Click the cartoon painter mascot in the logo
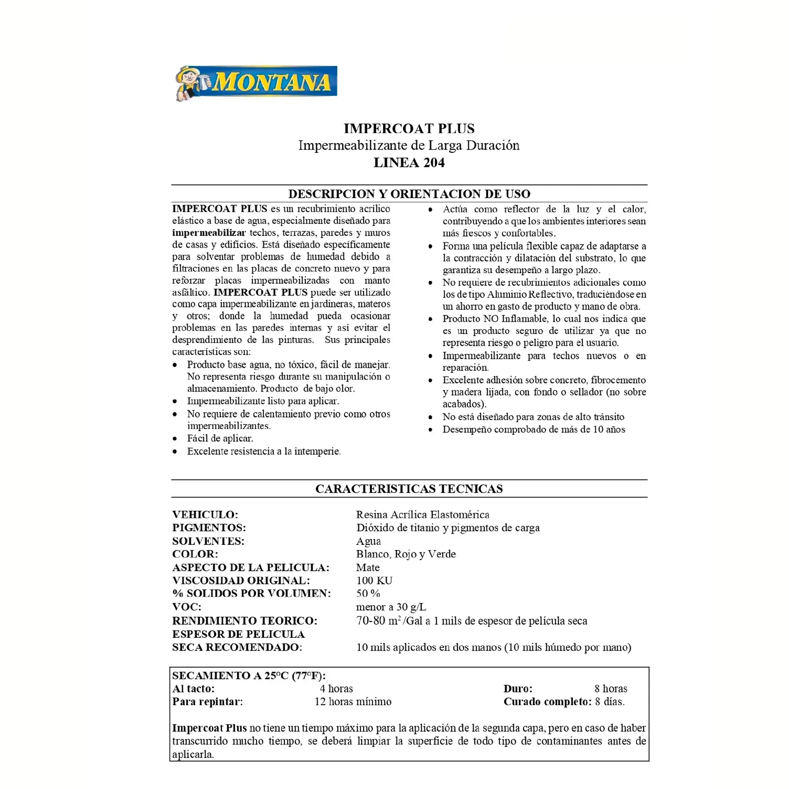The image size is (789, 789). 189,83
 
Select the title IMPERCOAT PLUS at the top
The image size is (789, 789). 409,129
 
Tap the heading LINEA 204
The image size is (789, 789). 409,163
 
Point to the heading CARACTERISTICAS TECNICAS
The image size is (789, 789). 409,489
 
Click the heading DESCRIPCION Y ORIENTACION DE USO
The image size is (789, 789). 409,194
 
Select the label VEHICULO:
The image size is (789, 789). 205,514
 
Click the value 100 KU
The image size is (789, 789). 374,580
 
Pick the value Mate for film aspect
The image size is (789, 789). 368,568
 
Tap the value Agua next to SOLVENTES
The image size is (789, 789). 368,541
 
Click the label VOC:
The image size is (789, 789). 187,607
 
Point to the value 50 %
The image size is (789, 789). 368,593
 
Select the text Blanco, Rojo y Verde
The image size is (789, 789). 406,554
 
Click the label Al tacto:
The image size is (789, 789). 193,688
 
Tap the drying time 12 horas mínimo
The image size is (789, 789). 353,701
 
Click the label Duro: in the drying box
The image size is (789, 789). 518,688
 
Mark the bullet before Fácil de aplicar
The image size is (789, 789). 175,438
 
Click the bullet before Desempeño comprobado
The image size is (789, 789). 430,430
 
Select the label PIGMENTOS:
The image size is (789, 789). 209,528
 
